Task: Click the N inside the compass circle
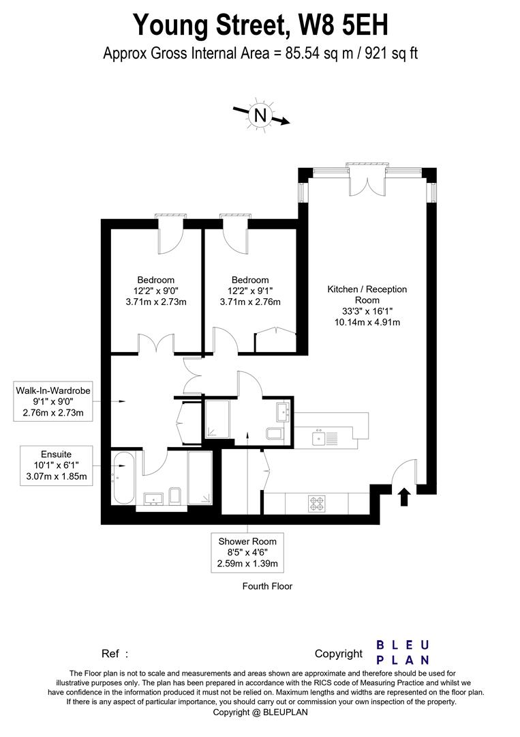pyautogui.click(x=260, y=115)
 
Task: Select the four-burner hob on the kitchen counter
pyautogui.click(x=318, y=503)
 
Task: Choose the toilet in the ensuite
pyautogui.click(x=174, y=496)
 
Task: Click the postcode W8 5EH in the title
pyautogui.click(x=340, y=25)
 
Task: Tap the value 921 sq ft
pyautogui.click(x=388, y=53)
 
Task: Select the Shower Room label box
pyautogui.click(x=247, y=552)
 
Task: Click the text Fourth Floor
pyautogui.click(x=267, y=586)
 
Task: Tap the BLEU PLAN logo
pyautogui.click(x=403, y=652)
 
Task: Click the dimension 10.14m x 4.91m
pyautogui.click(x=367, y=322)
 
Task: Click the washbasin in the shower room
pyautogui.click(x=284, y=411)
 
